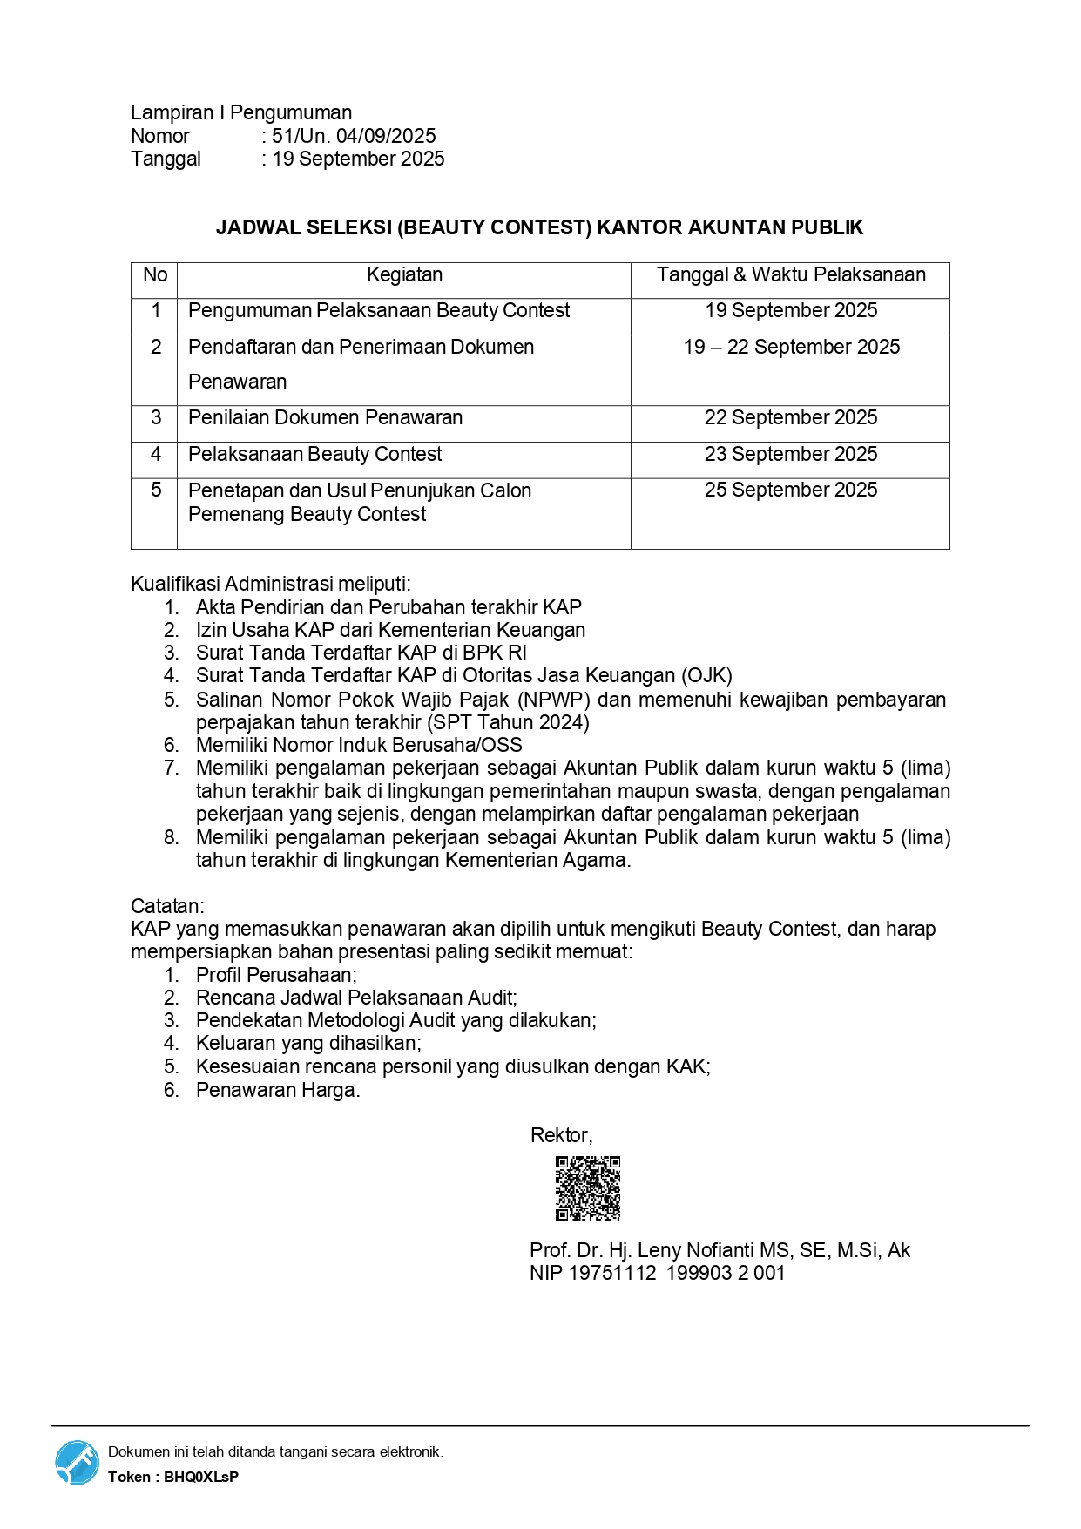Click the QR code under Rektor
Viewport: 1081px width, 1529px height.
point(588,1187)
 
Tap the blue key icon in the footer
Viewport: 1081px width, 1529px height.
point(78,1462)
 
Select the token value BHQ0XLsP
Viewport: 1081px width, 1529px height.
point(201,1477)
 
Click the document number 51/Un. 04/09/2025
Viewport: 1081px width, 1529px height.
point(354,136)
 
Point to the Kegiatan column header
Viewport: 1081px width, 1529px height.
point(404,275)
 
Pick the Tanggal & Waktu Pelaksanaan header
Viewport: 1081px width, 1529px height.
point(790,275)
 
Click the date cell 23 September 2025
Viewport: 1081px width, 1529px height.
point(790,455)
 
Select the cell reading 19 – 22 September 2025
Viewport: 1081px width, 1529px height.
point(791,348)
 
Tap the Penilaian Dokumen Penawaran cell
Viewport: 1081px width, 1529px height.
point(325,418)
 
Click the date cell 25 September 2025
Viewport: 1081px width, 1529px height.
point(790,490)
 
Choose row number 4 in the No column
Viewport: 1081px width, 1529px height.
point(156,455)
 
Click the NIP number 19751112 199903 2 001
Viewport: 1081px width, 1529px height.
point(677,1274)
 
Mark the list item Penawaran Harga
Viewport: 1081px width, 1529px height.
point(277,1091)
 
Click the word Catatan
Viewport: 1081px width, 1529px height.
point(167,906)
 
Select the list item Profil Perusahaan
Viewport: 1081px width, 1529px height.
point(275,976)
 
